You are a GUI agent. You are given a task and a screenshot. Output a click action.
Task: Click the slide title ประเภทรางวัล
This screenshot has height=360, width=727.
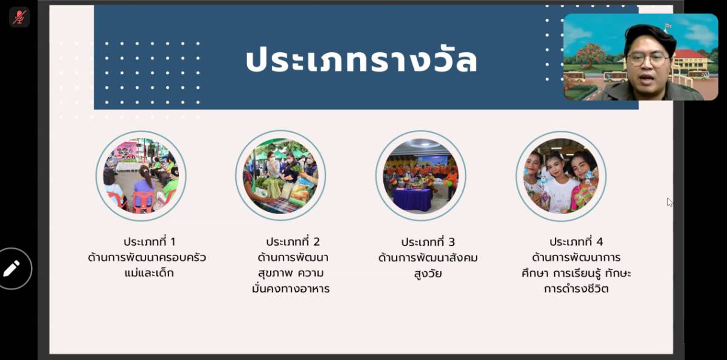click(361, 61)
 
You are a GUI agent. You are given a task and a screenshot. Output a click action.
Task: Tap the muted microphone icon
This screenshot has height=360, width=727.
click(19, 17)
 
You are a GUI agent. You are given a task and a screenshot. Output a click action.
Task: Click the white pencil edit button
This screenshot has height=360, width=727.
click(12, 268)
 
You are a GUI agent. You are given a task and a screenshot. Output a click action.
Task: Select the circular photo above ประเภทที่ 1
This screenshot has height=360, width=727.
click(141, 176)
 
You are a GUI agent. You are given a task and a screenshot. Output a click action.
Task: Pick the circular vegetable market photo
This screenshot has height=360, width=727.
click(280, 176)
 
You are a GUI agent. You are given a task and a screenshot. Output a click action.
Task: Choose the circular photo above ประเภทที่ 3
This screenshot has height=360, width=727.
click(420, 176)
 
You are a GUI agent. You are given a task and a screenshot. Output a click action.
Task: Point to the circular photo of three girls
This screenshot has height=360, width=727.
click(561, 176)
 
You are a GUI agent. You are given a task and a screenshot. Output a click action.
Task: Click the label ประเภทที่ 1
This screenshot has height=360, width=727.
click(149, 242)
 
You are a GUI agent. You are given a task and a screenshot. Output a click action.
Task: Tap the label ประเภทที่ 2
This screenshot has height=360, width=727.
click(293, 242)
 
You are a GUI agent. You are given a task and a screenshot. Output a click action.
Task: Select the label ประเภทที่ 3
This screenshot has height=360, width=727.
click(428, 242)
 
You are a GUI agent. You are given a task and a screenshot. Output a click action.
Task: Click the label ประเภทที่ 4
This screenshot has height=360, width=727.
click(576, 242)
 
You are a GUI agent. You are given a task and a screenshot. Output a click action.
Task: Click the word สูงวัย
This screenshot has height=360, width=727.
click(428, 274)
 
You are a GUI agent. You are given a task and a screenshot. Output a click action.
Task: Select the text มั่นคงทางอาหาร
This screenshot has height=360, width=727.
click(291, 289)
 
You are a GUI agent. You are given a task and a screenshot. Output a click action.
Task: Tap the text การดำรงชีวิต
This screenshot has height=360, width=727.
click(576, 289)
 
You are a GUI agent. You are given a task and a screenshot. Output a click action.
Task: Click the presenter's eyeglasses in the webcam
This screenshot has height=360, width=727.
click(649, 59)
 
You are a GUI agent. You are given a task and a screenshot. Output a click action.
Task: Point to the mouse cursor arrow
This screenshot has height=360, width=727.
click(670, 202)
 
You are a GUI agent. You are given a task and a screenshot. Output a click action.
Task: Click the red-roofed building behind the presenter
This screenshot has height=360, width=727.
click(691, 60)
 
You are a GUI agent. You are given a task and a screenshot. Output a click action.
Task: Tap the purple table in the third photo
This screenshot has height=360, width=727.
click(412, 199)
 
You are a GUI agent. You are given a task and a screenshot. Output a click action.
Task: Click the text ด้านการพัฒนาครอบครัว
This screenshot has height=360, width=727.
click(147, 258)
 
